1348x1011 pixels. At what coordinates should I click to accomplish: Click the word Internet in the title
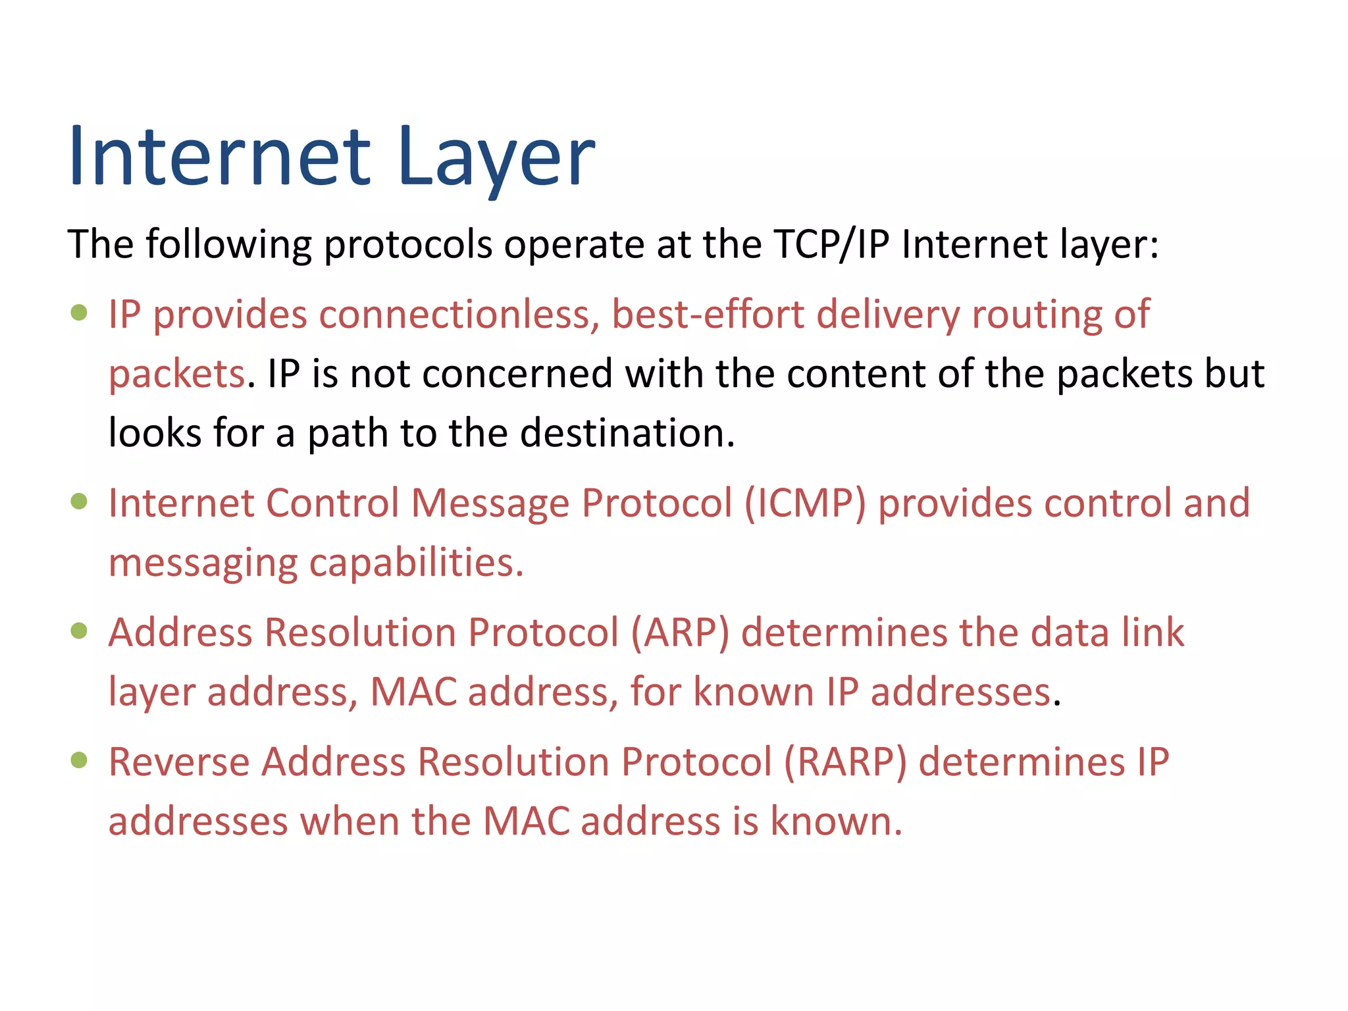point(220,157)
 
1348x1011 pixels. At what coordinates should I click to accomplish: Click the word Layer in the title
point(496,157)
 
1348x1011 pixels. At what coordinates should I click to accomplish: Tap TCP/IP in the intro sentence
point(831,244)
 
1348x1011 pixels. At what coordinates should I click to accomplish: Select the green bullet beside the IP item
point(79,312)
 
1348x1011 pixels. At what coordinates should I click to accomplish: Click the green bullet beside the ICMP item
point(79,502)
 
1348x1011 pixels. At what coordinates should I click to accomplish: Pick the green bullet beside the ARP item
point(79,631)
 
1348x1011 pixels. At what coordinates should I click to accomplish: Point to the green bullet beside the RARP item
point(79,760)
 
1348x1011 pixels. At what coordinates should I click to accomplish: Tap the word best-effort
point(708,314)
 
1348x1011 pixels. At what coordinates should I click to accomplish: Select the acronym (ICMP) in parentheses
point(805,504)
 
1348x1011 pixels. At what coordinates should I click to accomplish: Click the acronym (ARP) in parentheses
point(680,633)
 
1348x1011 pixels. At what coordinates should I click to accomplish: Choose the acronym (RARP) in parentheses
point(845,762)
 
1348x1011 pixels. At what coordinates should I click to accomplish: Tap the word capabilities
point(416,563)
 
